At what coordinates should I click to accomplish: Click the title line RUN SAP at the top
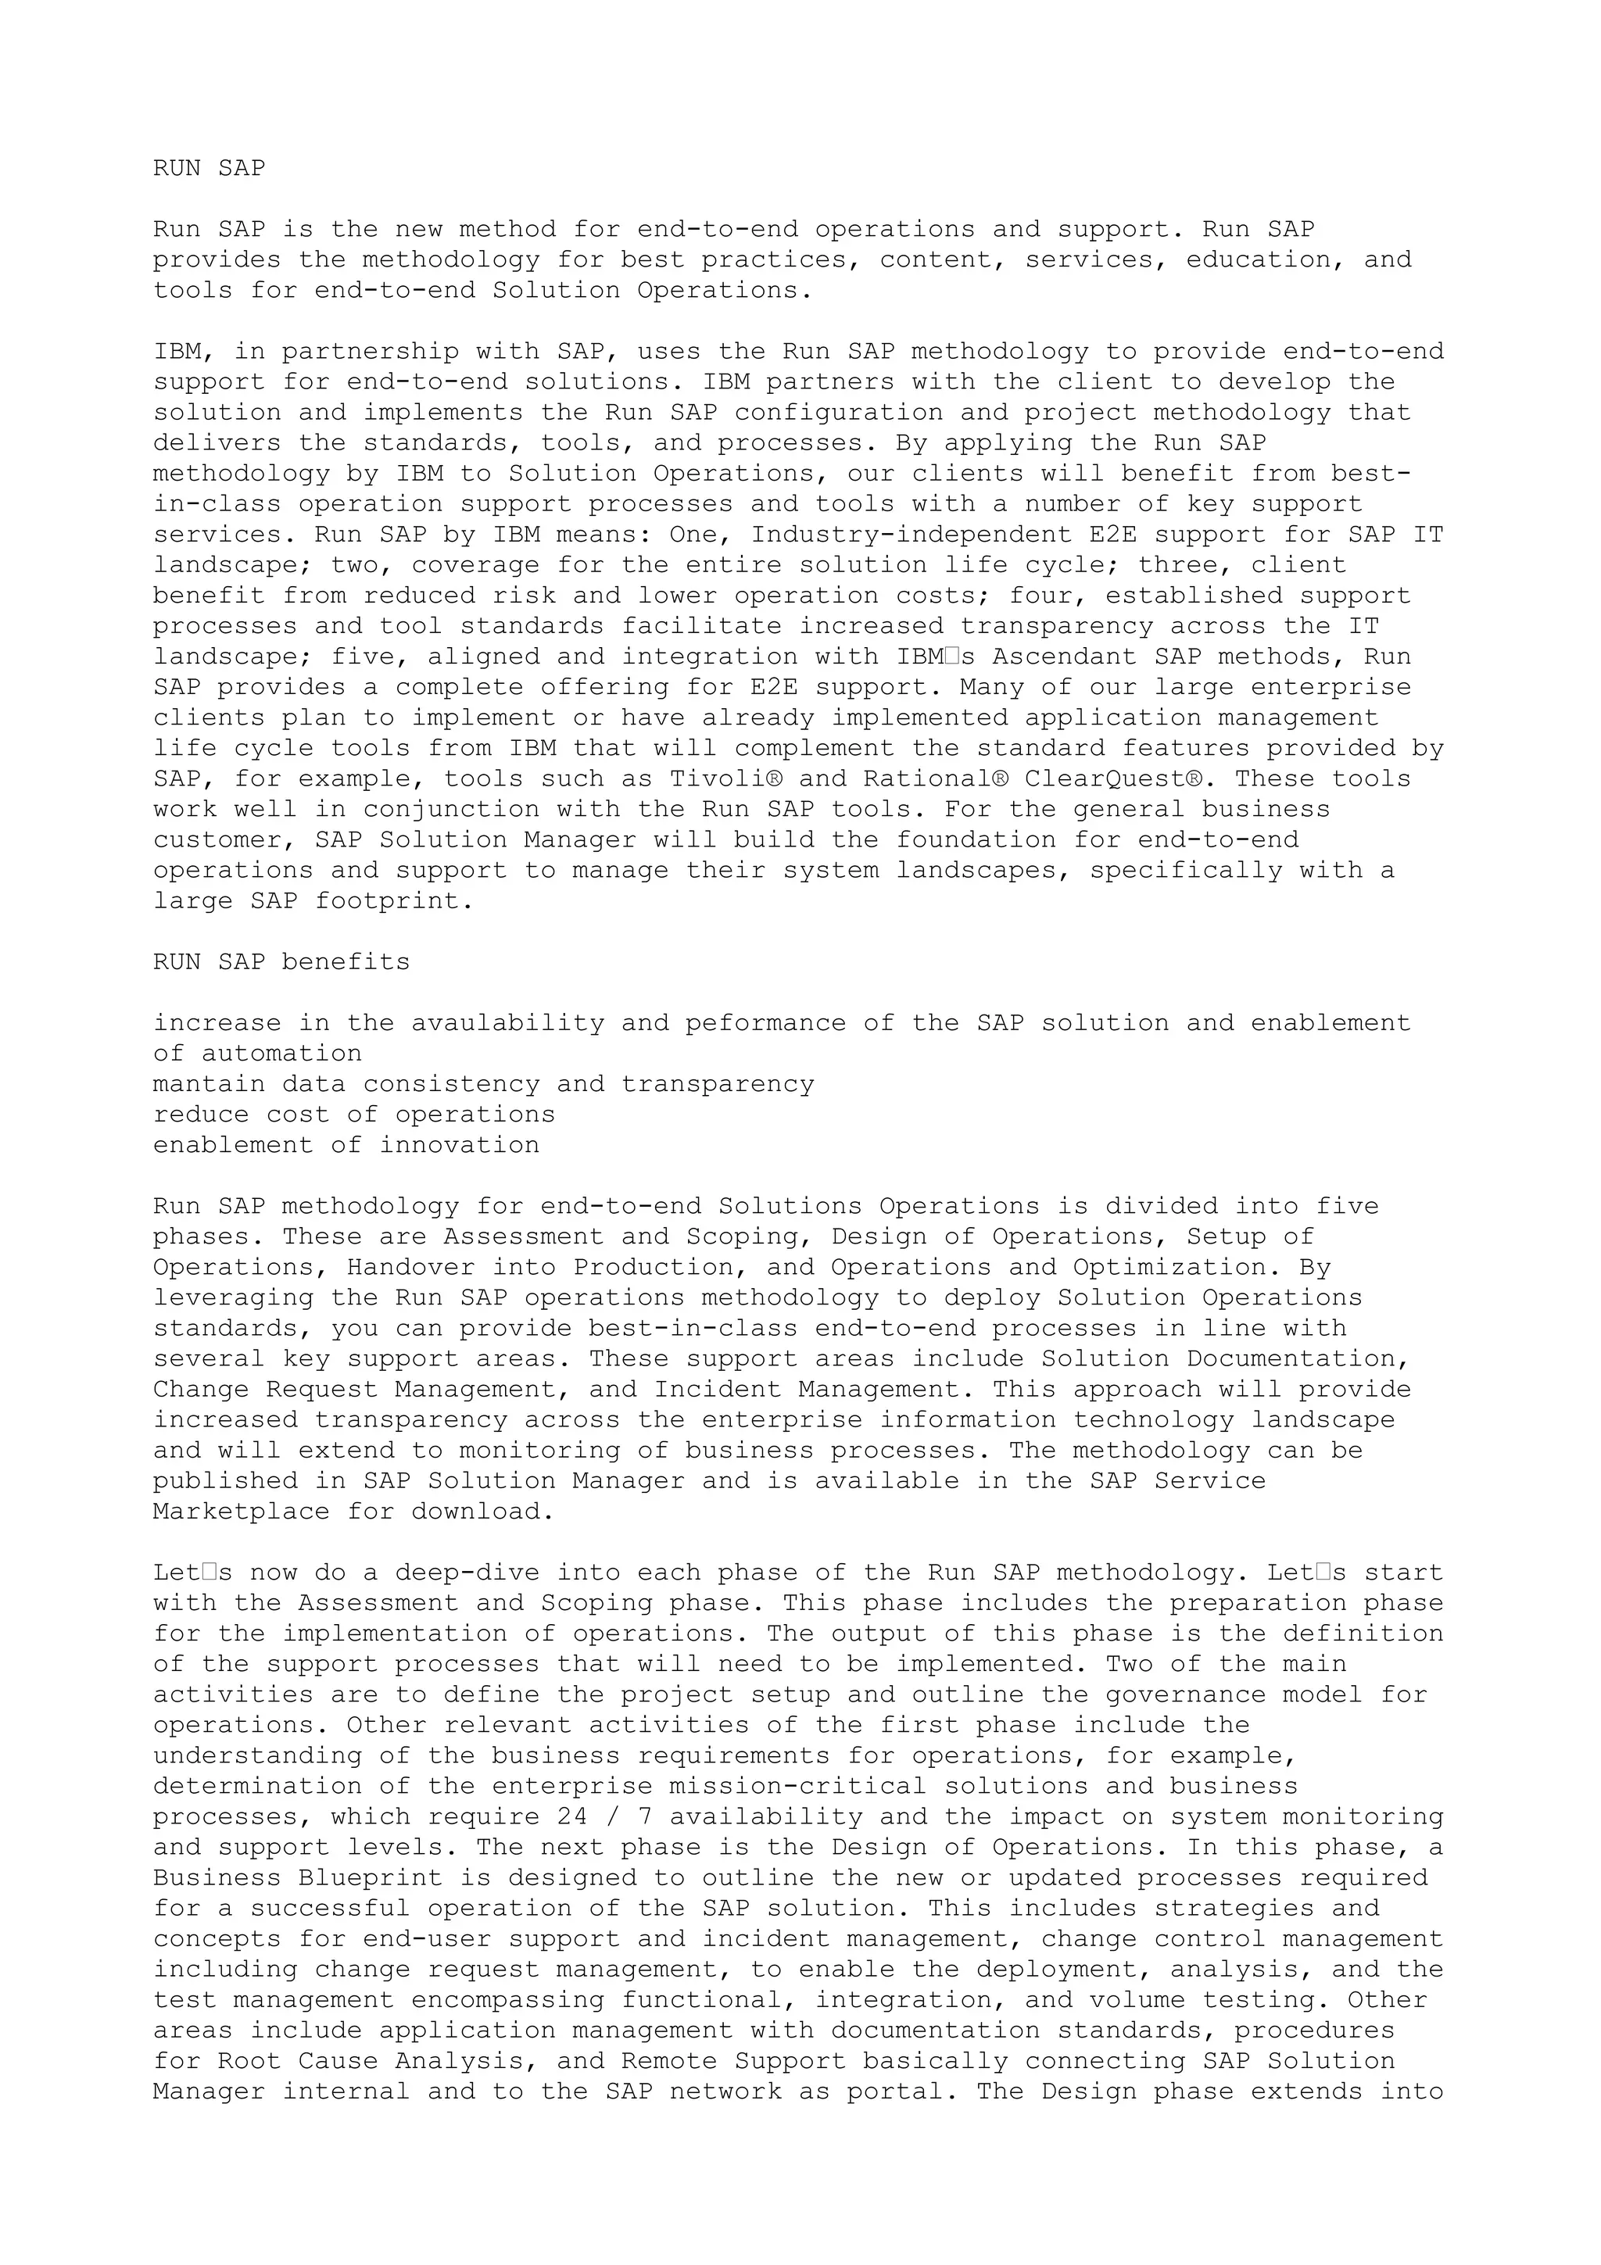[210, 169]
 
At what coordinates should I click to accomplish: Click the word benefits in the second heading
[346, 962]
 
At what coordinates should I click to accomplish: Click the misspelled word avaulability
[508, 1023]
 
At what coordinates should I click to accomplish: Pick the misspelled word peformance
[765, 1023]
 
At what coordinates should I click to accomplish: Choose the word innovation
[460, 1145]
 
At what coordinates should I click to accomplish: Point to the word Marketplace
[242, 1512]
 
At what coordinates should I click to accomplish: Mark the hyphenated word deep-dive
[467, 1573]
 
